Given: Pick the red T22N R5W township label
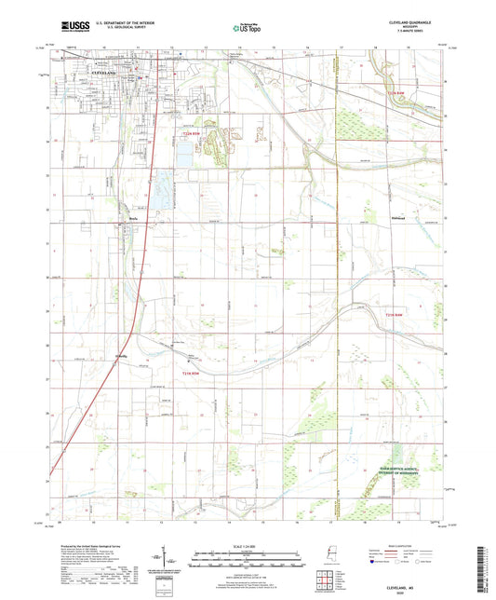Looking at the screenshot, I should coord(191,137).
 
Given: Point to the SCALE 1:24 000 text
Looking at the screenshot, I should coord(247,546).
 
